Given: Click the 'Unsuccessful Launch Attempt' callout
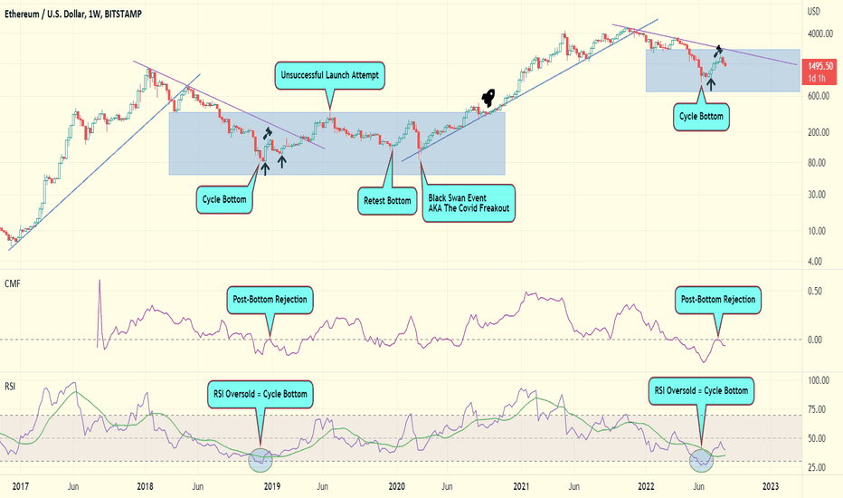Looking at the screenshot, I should coord(330,76).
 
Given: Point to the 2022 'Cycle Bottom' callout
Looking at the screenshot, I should coord(702,116).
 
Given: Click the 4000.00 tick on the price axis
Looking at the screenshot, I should coord(819,34).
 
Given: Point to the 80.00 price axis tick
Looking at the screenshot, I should coord(817,163).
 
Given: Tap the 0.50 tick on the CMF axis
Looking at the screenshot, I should coord(815,292).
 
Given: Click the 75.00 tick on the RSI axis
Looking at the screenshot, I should coord(818,409).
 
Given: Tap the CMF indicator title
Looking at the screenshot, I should coord(13,283).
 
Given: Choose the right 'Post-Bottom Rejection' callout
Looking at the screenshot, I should coord(719,299).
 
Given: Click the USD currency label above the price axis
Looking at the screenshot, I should coord(814,12).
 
